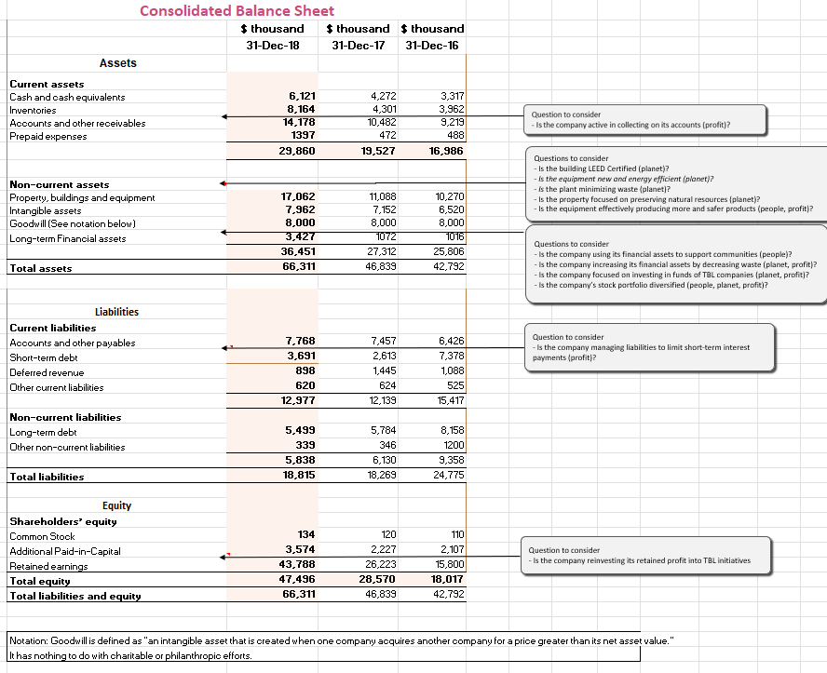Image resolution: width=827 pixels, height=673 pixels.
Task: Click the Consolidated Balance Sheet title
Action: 237,11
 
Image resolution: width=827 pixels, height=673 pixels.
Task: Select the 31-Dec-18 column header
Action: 272,46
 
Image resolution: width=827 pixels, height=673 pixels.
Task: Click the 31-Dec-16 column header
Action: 432,46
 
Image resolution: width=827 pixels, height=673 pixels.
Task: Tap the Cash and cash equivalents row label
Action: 67,97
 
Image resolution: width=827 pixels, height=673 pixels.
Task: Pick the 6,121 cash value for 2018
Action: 302,96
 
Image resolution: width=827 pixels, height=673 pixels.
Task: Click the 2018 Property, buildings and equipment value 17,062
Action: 298,197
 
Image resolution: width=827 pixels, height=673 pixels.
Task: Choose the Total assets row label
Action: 40,268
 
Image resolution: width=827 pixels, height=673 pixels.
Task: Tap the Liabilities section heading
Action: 116,312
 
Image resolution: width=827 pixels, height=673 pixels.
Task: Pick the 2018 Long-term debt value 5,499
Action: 300,432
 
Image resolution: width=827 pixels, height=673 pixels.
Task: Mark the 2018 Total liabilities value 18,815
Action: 298,475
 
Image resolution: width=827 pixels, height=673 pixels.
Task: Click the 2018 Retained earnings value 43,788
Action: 298,565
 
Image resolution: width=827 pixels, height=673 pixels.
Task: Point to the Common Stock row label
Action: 42,536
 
